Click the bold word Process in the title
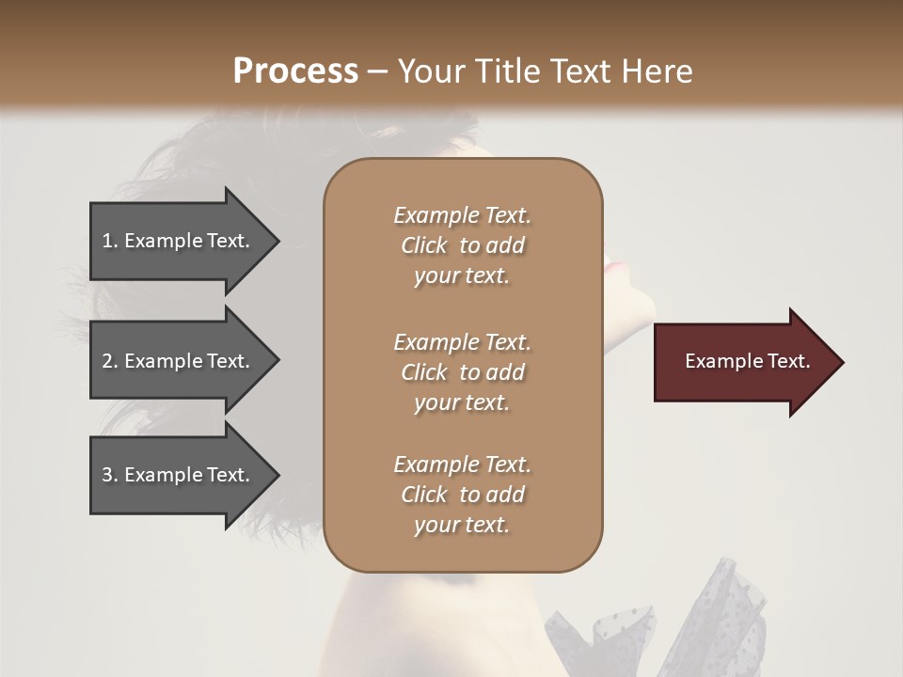click(295, 71)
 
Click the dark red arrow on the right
click(743, 362)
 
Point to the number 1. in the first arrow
click(110, 241)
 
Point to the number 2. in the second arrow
click(110, 361)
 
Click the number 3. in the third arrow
click(110, 475)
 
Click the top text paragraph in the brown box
click(462, 245)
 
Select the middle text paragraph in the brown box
click(462, 372)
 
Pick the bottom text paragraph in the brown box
click(462, 495)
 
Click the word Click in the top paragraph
click(423, 245)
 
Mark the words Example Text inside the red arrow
click(747, 361)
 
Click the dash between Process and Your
click(377, 71)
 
